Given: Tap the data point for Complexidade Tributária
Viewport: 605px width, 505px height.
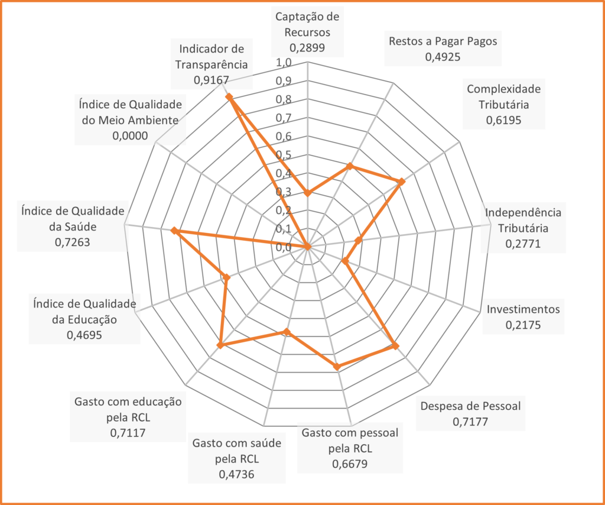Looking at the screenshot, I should click(x=402, y=182).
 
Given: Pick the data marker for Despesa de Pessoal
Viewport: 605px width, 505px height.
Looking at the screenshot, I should click(x=395, y=346).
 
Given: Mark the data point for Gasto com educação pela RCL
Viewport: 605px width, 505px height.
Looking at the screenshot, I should click(x=220, y=345).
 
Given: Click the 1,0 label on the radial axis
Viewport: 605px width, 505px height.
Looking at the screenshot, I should click(x=283, y=63).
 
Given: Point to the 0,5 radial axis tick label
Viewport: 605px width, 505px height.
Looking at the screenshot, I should click(x=283, y=155).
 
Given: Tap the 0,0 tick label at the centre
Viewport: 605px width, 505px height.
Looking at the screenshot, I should click(x=283, y=247).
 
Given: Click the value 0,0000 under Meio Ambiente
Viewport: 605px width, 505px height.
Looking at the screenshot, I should click(x=129, y=135).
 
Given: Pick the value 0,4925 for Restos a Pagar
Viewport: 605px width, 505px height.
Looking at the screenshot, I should click(x=443, y=57).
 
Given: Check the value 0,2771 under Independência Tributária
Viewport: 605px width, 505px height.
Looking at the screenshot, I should click(x=523, y=243).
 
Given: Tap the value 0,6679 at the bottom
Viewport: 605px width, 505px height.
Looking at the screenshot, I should click(x=350, y=464).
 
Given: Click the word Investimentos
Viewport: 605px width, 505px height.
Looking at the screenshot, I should click(x=523, y=309).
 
